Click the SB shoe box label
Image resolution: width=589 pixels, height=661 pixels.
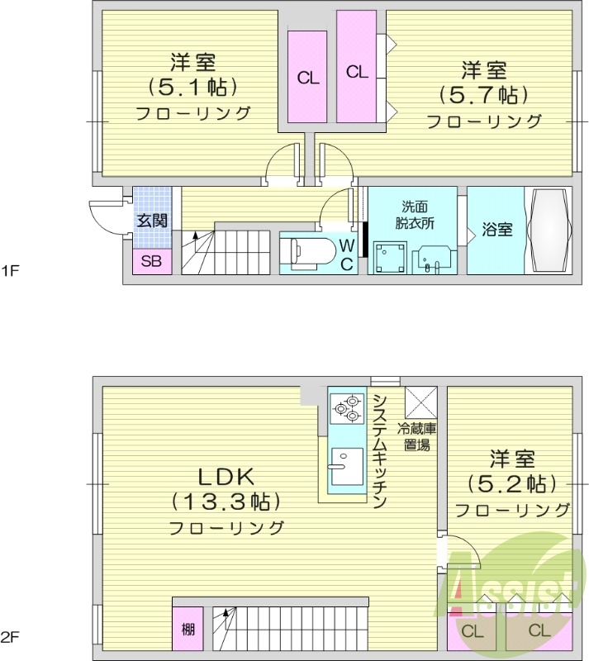click(x=151, y=262)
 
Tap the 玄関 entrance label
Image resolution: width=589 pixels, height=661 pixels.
click(x=152, y=221)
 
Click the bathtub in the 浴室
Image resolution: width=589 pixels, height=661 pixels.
click(x=549, y=230)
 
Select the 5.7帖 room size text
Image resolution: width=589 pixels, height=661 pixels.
click(x=483, y=94)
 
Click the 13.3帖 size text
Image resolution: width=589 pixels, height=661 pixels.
click(x=227, y=501)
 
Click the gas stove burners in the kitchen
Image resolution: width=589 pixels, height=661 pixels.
click(x=346, y=407)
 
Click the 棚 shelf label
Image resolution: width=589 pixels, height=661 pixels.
click(x=188, y=630)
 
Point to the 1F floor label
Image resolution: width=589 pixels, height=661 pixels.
click(x=10, y=269)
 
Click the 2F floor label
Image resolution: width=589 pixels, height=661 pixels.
click(x=10, y=637)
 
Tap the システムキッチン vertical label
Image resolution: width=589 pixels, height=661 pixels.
click(x=381, y=451)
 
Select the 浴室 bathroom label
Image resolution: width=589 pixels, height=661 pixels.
click(x=496, y=230)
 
